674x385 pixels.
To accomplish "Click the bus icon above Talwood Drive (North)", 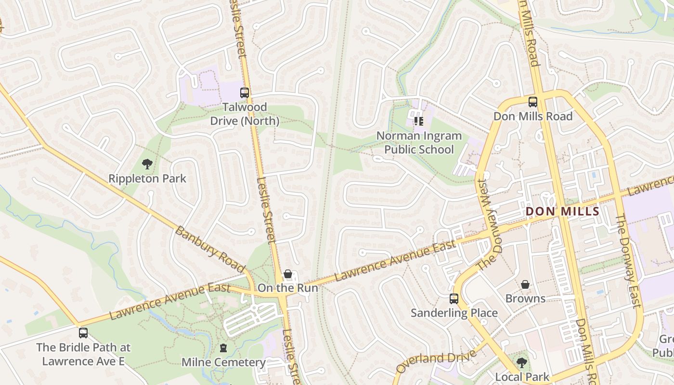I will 245,92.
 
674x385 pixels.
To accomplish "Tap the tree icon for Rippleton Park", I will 147,164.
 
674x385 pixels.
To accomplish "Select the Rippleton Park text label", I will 147,179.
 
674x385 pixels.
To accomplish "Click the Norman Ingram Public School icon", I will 418,121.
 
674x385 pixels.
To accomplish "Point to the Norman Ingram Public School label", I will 418,142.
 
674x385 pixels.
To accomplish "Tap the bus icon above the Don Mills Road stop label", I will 533,102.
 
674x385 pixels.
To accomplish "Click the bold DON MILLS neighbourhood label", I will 562,211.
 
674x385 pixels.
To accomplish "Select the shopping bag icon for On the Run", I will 288,274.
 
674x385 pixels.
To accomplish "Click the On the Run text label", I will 288,288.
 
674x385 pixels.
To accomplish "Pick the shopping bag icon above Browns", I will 525,284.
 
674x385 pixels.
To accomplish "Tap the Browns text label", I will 525,298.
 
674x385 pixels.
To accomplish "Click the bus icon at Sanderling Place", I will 454,298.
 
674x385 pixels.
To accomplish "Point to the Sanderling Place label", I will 454,313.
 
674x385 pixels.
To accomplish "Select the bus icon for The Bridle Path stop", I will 83,333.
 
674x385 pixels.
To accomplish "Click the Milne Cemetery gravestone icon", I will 223,347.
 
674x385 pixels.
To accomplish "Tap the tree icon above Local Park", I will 522,362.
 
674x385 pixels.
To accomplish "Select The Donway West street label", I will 490,224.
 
